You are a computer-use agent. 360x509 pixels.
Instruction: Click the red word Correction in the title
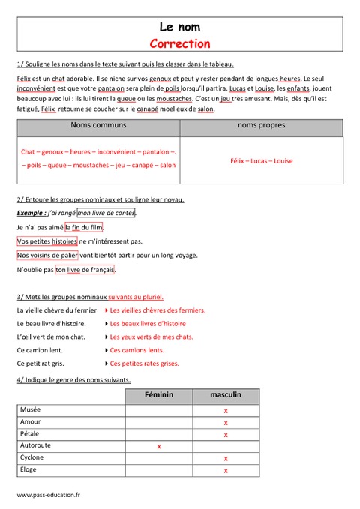(179, 43)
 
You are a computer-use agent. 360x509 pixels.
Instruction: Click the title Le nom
(179, 28)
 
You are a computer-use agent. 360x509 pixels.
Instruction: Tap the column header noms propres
(261, 125)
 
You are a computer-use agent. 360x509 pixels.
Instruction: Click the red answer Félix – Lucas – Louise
(261, 161)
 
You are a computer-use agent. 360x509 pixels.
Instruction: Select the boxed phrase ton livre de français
(85, 270)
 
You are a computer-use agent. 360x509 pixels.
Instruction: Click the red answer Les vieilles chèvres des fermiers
(157, 310)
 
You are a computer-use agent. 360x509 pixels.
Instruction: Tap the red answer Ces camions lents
(136, 350)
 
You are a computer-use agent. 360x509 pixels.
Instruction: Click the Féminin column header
(158, 395)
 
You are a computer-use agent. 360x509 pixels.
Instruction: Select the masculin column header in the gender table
(226, 395)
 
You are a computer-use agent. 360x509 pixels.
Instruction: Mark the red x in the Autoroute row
(158, 446)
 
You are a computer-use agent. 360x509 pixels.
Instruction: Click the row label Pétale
(31, 434)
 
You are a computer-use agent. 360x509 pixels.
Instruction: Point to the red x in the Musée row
(226, 411)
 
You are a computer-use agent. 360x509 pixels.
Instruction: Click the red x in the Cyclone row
(226, 458)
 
